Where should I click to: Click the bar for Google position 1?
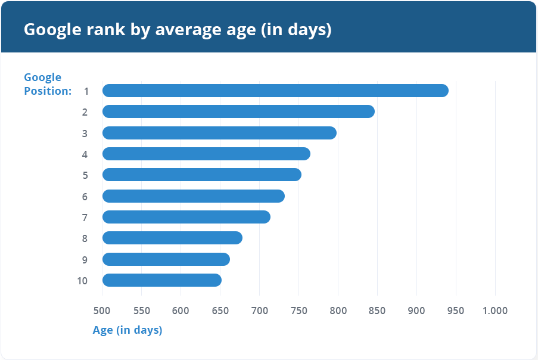click(x=275, y=91)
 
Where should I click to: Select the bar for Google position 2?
click(x=238, y=111)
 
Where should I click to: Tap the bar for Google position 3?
click(x=219, y=133)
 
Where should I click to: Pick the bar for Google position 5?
click(x=202, y=175)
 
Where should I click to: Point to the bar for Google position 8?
click(x=172, y=238)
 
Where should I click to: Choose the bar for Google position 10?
click(x=162, y=280)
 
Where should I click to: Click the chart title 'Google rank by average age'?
click(x=177, y=29)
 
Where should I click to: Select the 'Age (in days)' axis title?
click(x=127, y=330)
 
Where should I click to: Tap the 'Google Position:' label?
click(x=47, y=84)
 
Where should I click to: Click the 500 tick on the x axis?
click(x=102, y=311)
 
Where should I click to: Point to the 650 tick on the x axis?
click(x=220, y=311)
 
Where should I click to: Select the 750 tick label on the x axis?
click(x=298, y=311)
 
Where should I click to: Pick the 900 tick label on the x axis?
click(x=416, y=311)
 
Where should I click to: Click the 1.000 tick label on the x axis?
click(x=495, y=311)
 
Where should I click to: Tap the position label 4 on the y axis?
click(x=85, y=154)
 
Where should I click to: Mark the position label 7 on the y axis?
click(x=85, y=218)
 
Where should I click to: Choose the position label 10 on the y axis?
click(x=83, y=280)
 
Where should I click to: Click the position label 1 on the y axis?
click(x=86, y=91)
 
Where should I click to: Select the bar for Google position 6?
click(x=194, y=196)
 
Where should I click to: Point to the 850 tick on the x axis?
click(x=377, y=311)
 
